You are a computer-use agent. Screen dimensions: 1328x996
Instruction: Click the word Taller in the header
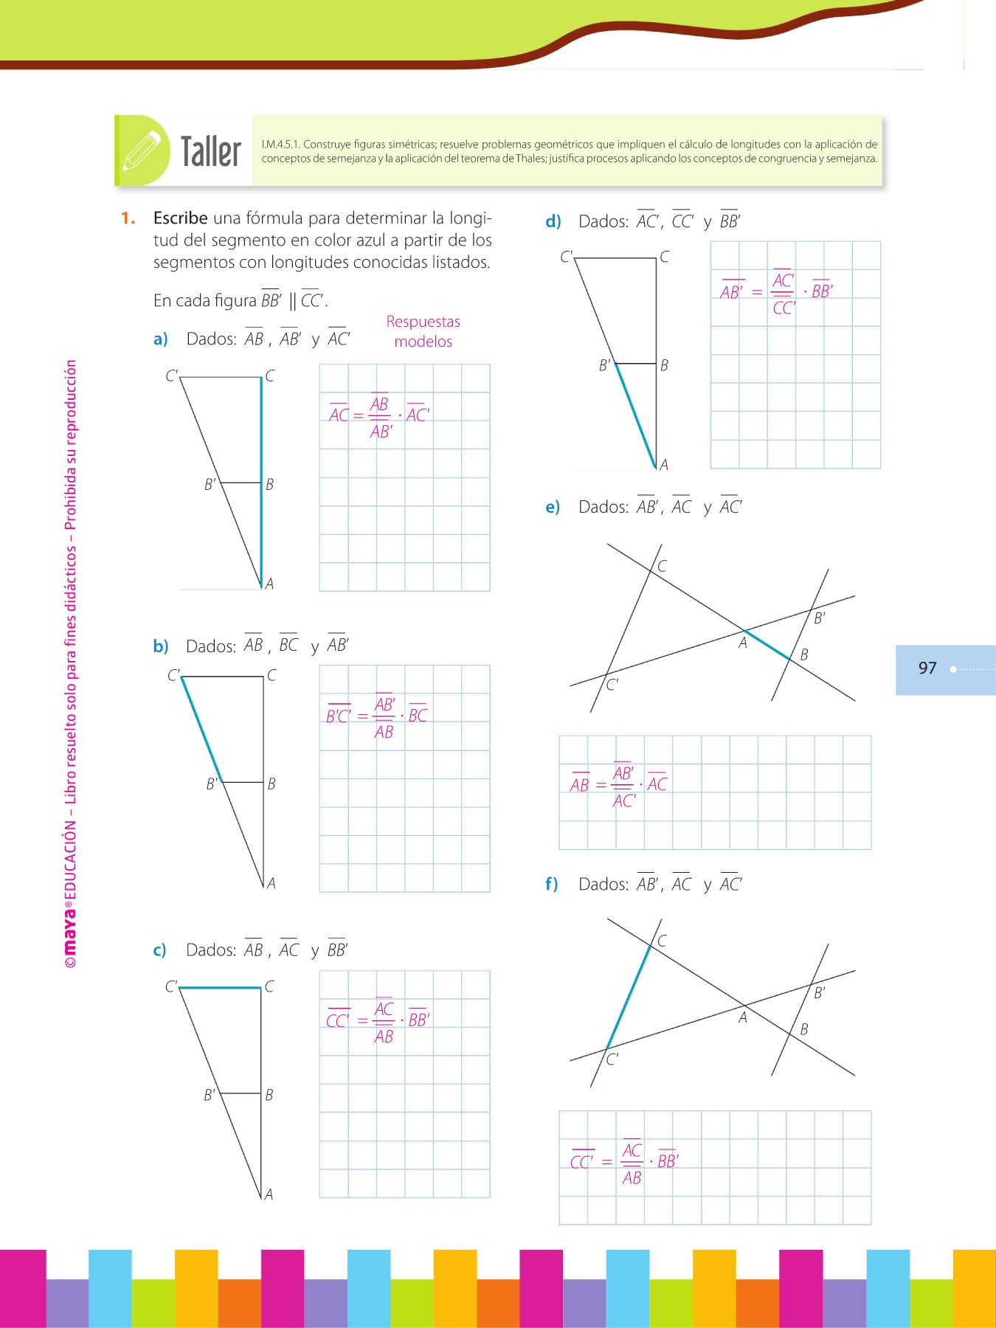(211, 152)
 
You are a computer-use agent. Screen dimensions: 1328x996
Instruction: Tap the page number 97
(927, 668)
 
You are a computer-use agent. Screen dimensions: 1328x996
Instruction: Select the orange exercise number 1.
(128, 218)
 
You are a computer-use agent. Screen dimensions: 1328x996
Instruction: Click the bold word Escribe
(180, 218)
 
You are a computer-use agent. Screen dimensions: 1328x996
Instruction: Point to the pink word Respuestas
(423, 322)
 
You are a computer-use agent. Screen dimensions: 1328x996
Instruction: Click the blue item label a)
(161, 339)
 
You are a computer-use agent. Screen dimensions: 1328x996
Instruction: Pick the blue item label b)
(161, 647)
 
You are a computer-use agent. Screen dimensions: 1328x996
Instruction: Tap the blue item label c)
(160, 950)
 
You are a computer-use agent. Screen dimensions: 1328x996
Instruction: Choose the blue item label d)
(553, 221)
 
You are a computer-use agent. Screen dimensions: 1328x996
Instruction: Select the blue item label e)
(553, 508)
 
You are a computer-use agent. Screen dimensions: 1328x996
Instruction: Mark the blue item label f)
(552, 885)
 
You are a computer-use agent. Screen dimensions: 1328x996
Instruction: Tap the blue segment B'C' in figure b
(201, 729)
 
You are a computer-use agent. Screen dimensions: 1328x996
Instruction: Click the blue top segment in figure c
(220, 987)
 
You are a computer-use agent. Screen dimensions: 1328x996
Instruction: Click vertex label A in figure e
(743, 643)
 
